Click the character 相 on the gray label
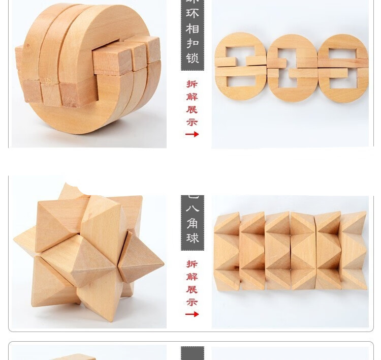coord(193,28)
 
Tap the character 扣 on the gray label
coord(193,43)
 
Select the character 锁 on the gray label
coord(193,58)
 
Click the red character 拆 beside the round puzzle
coord(192,84)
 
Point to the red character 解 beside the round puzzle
coord(192,97)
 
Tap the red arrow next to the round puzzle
coord(192,134)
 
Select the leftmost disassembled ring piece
coord(239,67)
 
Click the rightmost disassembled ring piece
coord(343,68)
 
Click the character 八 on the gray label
coord(193,208)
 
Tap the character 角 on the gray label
coord(193,223)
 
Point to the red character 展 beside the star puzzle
coord(192,289)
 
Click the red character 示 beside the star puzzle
coord(192,302)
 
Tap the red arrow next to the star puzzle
coord(192,314)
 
